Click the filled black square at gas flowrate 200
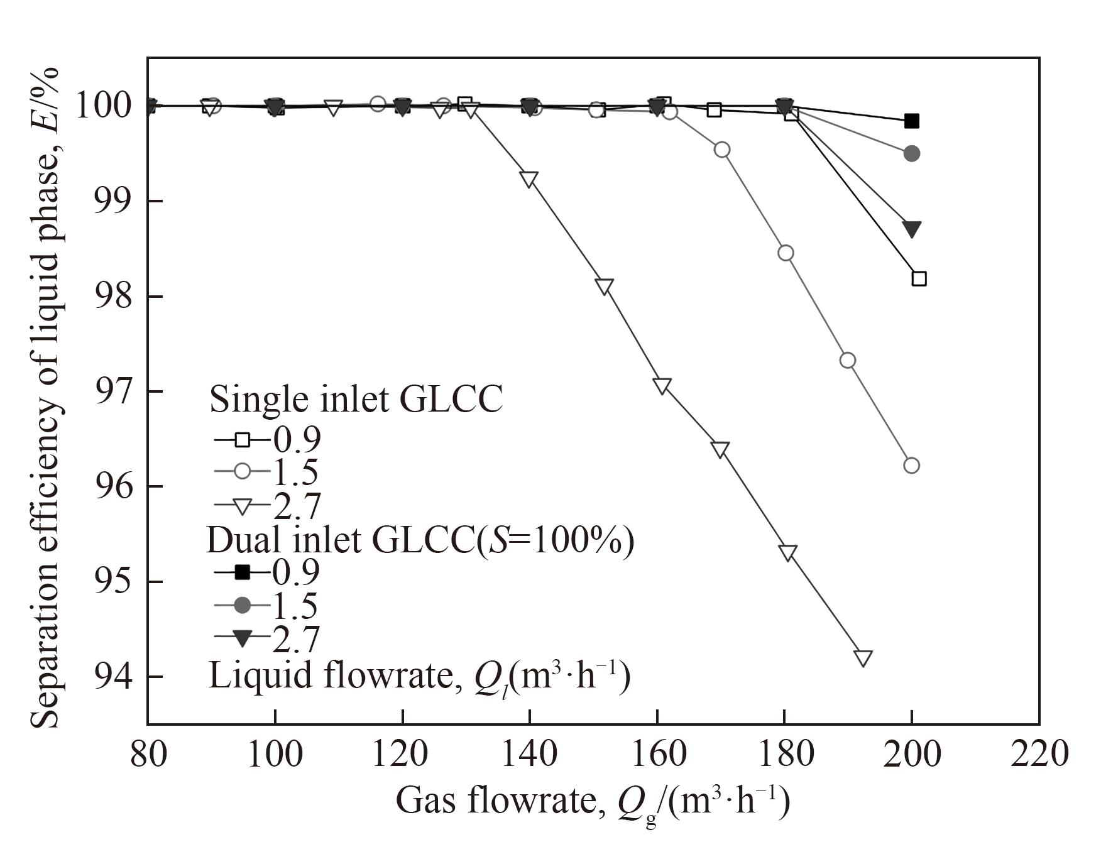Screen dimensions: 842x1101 point(911,121)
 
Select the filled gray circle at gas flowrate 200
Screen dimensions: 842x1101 point(911,153)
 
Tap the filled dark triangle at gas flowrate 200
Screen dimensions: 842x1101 point(911,229)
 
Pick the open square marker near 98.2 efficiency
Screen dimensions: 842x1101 point(919,278)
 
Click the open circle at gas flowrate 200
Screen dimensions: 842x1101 point(911,466)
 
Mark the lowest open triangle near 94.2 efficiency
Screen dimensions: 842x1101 point(863,658)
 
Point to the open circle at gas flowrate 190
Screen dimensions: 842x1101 point(848,360)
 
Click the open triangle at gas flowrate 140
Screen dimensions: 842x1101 point(529,179)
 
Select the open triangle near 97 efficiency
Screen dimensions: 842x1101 point(662,386)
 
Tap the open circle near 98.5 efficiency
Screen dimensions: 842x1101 point(786,253)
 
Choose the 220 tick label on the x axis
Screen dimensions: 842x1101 point(1039,753)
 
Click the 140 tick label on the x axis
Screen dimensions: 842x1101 point(529,753)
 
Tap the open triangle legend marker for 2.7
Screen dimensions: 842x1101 point(242,505)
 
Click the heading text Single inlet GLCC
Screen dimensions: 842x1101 point(356,399)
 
